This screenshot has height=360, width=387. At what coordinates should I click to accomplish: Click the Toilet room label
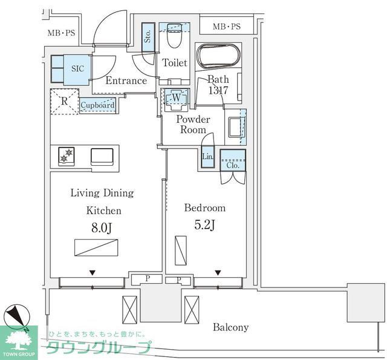[175, 63]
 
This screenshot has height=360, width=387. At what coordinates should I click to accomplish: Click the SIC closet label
[78, 68]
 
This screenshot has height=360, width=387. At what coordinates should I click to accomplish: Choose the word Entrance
[126, 80]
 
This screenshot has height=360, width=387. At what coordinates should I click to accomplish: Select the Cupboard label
[97, 105]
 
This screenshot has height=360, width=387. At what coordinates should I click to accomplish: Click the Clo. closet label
[233, 165]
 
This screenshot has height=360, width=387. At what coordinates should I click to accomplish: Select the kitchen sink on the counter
[102, 156]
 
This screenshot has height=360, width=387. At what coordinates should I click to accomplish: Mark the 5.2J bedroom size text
[204, 226]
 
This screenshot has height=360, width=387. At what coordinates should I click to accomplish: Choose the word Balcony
[230, 327]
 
